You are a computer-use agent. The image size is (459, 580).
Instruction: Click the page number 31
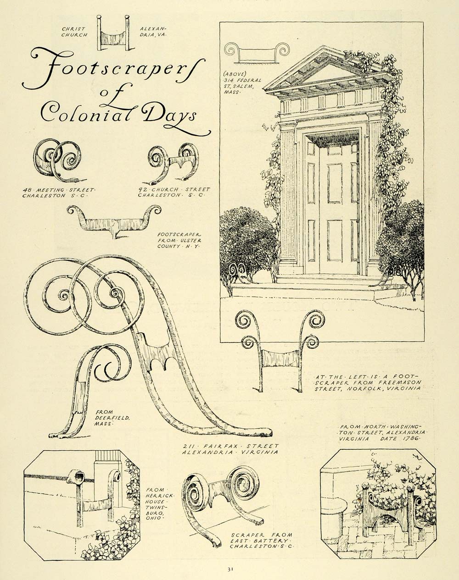[x=230, y=569]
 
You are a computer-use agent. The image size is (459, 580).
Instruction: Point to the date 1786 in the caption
[x=412, y=438]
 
